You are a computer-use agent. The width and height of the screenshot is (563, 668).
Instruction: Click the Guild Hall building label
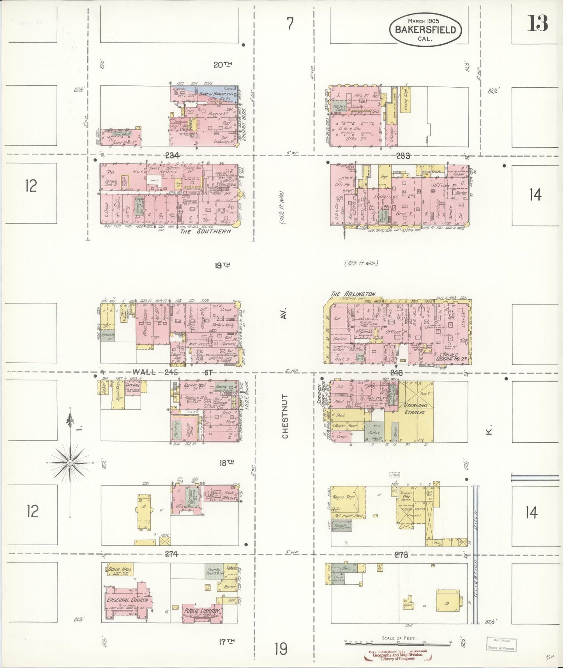(x=119, y=570)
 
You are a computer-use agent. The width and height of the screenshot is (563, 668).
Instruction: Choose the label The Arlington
(x=353, y=294)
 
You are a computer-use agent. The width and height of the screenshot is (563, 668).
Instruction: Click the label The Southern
(x=205, y=231)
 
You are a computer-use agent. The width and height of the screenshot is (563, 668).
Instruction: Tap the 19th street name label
(x=222, y=265)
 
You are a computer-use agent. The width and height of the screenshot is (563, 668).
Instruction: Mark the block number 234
(x=172, y=156)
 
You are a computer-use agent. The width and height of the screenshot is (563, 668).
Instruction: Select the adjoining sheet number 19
(x=280, y=649)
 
